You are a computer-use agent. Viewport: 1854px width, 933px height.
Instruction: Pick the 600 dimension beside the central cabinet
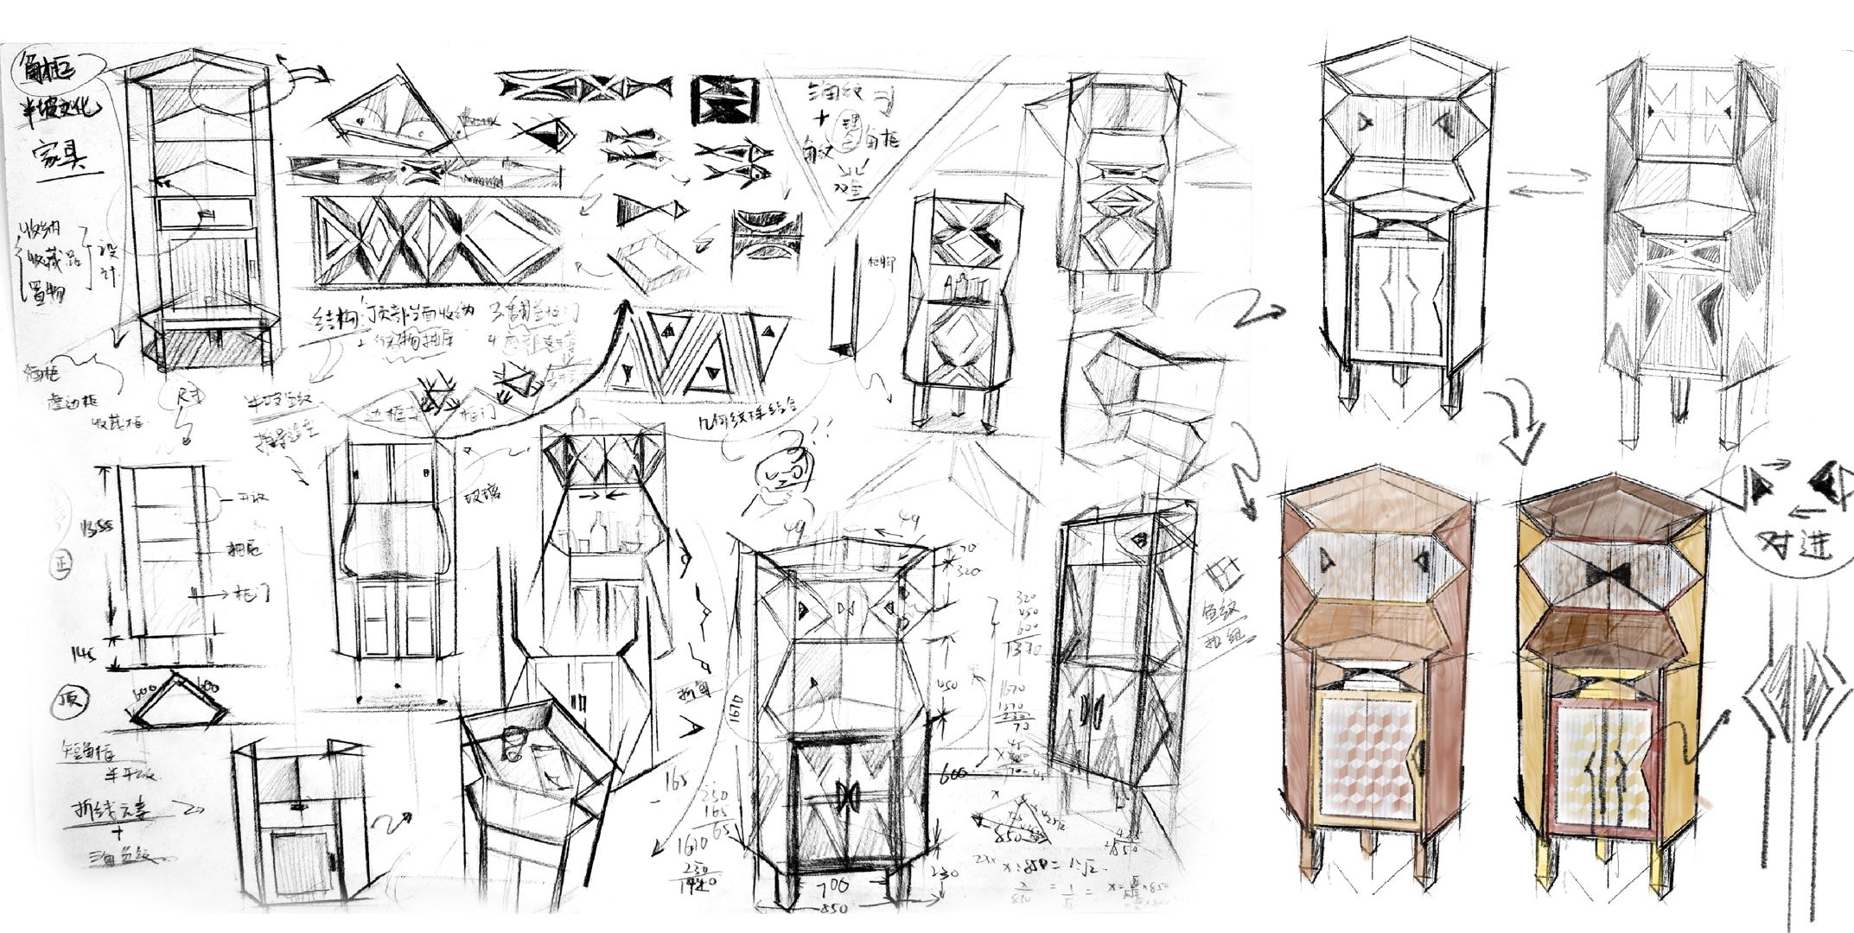point(956,772)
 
